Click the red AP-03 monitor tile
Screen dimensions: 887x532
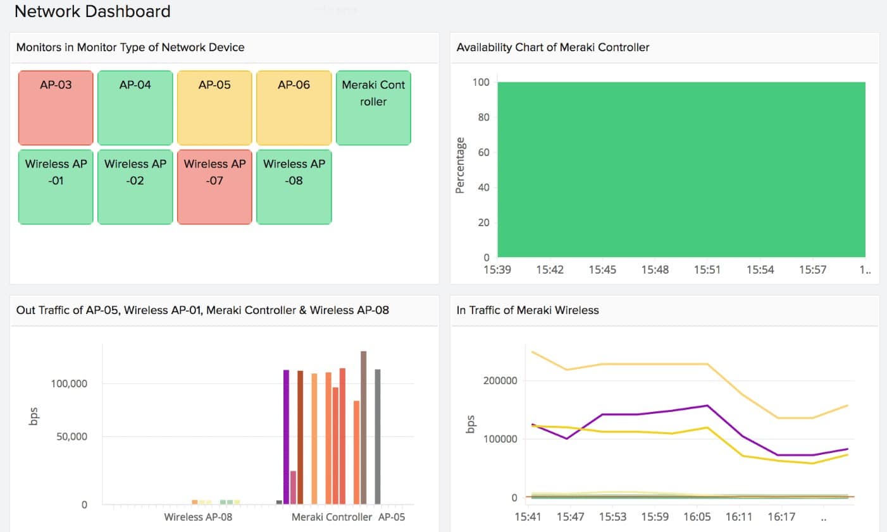[x=56, y=108]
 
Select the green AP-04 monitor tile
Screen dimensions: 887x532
[x=135, y=108]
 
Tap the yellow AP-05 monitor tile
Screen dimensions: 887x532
[x=214, y=108]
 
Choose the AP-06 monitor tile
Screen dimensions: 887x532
[x=294, y=108]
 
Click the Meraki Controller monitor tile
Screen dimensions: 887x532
[x=373, y=108]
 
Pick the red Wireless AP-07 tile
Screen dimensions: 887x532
[x=214, y=187]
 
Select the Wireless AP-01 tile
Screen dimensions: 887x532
[x=56, y=187]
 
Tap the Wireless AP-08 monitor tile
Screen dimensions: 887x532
[x=294, y=187]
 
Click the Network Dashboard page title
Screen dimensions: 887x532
[x=92, y=11]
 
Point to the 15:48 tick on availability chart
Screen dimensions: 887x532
[x=655, y=270]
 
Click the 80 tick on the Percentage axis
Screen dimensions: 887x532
[x=483, y=117]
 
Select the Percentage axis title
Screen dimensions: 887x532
[x=460, y=166]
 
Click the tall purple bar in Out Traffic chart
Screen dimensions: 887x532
[x=287, y=437]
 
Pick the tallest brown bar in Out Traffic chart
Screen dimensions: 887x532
[x=364, y=427]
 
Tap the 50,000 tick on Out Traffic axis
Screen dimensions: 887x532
[x=71, y=437]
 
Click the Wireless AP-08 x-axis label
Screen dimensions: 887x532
[x=198, y=517]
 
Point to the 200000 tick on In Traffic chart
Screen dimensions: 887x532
[x=500, y=380]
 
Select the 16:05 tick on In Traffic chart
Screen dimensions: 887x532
[x=697, y=517]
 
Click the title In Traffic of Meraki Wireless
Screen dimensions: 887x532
[x=528, y=310]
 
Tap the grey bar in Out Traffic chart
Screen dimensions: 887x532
[x=378, y=437]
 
